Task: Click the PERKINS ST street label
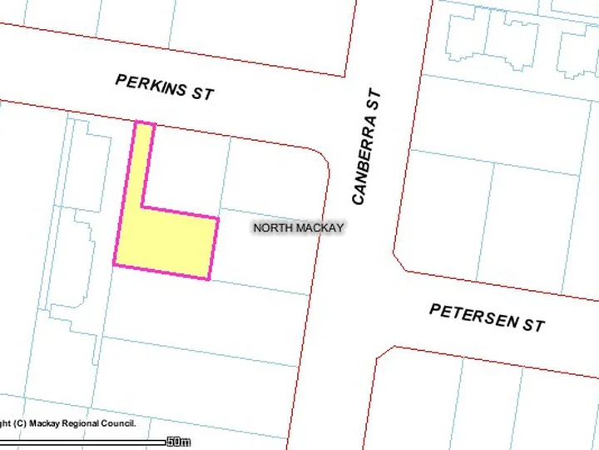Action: (164, 87)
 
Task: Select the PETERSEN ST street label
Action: (487, 317)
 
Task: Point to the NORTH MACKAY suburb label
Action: (298, 227)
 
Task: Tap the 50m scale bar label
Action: (178, 441)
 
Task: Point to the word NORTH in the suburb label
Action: (270, 227)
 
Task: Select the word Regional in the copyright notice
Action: (78, 423)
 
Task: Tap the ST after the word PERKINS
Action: (202, 92)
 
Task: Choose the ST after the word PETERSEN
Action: (532, 322)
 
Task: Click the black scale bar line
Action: (83, 442)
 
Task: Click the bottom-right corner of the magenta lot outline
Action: (208, 278)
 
